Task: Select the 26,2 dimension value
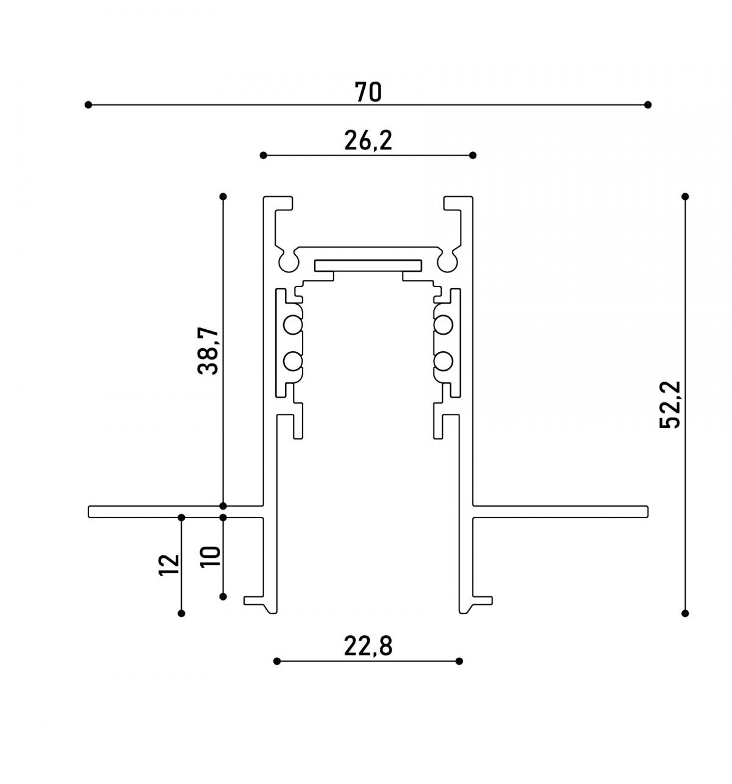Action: [x=368, y=141]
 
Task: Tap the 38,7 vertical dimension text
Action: [x=208, y=351]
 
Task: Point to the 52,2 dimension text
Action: [x=670, y=404]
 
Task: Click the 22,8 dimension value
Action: [x=368, y=647]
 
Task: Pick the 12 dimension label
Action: [x=169, y=565]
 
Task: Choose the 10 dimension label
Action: [x=210, y=557]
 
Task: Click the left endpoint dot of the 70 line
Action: [x=88, y=105]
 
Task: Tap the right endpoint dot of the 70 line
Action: [x=647, y=105]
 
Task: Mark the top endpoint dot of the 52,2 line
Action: [x=685, y=196]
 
